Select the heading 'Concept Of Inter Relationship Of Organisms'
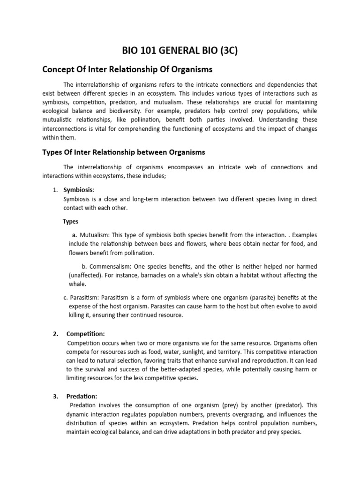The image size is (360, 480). pos(127,69)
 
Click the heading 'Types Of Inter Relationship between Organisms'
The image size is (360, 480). pos(124,152)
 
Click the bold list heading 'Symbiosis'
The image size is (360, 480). pos(78,190)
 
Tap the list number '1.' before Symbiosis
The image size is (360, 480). pos(55,190)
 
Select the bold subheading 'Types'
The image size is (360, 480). pos(70,221)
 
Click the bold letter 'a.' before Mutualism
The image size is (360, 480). pos(74,234)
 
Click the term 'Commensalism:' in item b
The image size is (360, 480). pos(111,266)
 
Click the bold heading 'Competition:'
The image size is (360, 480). pos(86,334)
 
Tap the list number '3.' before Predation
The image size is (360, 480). pos(55,396)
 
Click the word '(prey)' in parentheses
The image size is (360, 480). pos(215,405)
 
